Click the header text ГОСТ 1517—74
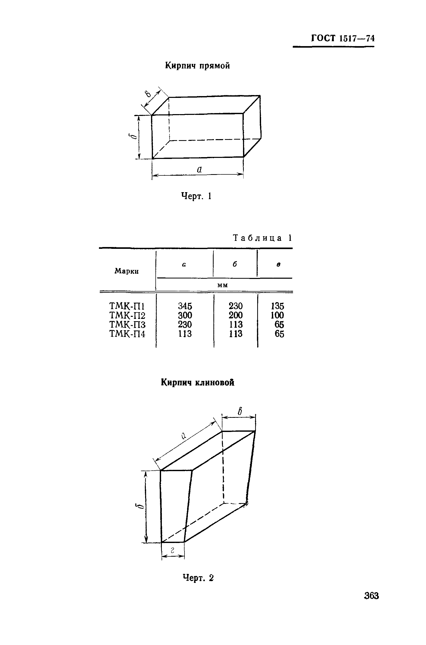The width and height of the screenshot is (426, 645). click(x=343, y=38)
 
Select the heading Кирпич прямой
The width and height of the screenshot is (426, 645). click(x=197, y=66)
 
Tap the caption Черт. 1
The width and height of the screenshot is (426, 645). click(x=196, y=196)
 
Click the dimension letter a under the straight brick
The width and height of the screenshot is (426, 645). click(x=199, y=169)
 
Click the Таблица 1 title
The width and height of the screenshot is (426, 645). click(x=262, y=238)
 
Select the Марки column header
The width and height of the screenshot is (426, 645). click(x=127, y=271)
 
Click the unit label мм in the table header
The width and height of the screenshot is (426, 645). click(x=222, y=285)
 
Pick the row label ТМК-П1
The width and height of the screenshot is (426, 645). click(x=127, y=306)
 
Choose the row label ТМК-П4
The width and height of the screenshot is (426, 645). click(x=127, y=334)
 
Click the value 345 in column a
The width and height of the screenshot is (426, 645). click(x=185, y=306)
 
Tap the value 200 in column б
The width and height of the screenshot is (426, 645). click(x=236, y=315)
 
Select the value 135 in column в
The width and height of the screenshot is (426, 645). click(x=277, y=306)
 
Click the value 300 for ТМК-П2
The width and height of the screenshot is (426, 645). click(x=185, y=315)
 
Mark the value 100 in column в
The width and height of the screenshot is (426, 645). click(x=277, y=315)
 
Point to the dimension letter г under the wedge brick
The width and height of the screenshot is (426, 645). click(x=172, y=550)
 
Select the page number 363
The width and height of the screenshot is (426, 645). click(x=371, y=596)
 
